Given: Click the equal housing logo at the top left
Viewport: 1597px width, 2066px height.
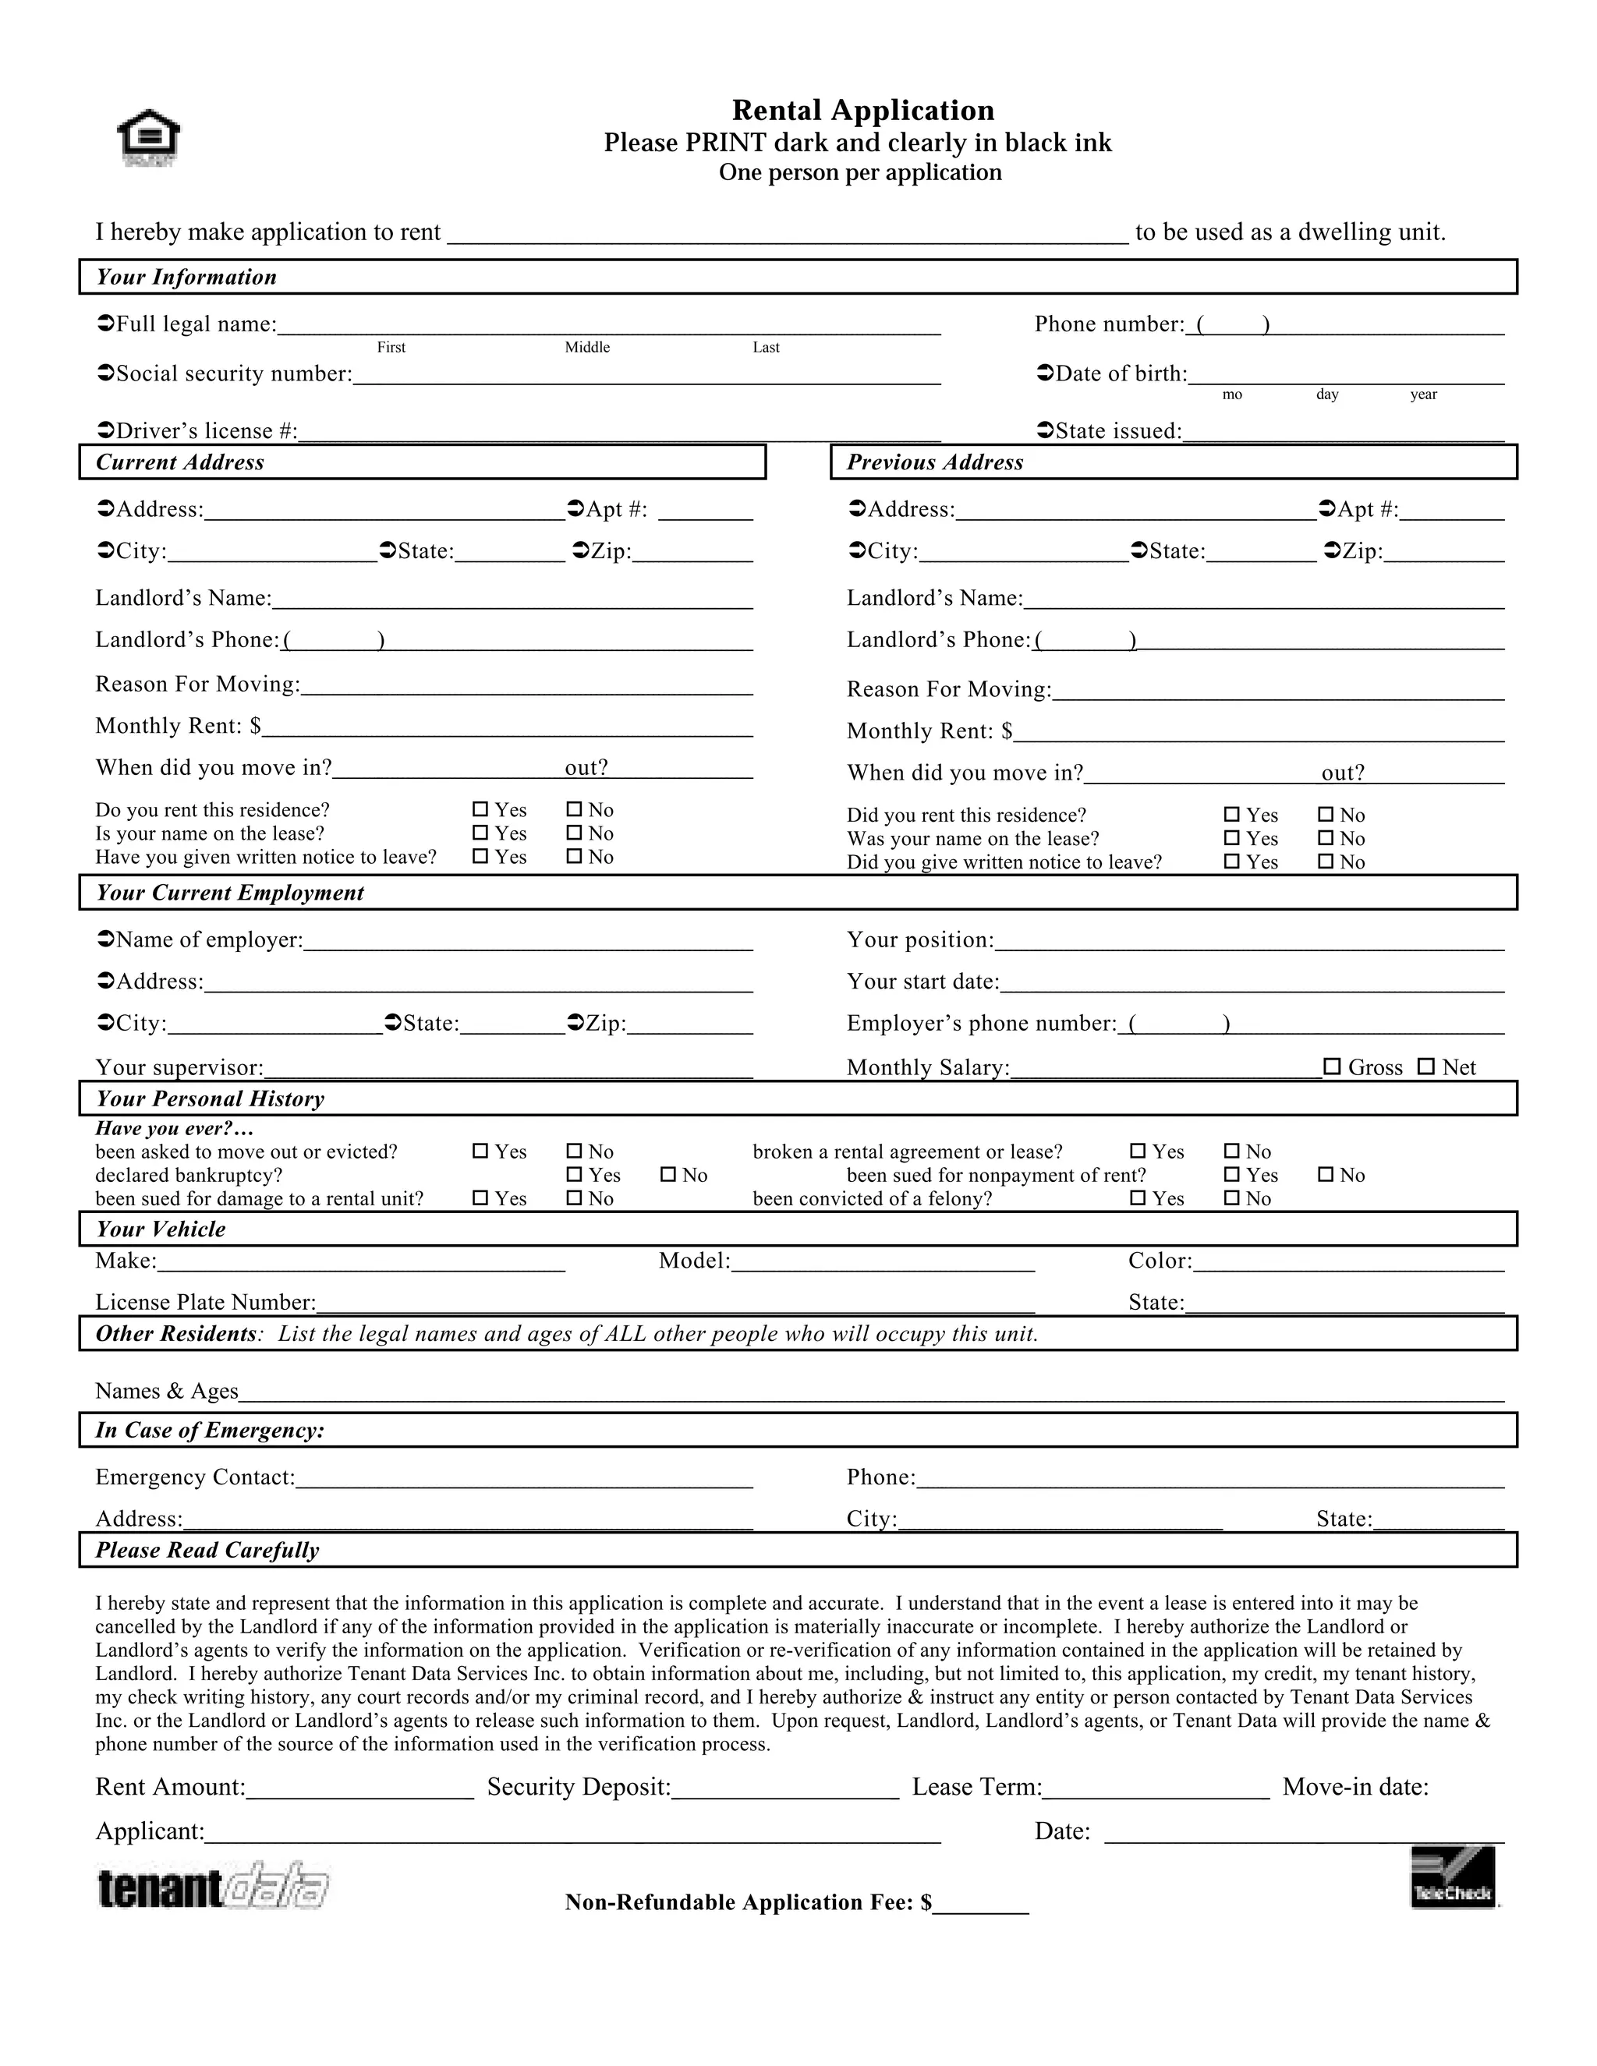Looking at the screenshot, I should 148,138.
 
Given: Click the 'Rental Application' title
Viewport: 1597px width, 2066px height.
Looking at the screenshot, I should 863,111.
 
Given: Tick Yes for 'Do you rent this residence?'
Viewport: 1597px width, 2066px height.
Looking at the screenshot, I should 480,810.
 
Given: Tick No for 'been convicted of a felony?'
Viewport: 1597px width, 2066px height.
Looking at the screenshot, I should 1233,1198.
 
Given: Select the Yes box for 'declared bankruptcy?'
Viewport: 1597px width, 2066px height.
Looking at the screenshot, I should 574,1175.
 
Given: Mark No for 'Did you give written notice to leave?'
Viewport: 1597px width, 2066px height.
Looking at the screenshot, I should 1326,861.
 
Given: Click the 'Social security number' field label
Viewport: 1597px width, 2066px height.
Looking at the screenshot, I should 232,373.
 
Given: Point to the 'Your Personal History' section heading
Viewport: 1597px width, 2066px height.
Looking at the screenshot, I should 209,1099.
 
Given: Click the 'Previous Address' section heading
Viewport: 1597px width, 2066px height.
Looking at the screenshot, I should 935,462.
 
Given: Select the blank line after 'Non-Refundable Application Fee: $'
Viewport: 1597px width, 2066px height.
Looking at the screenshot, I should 981,1902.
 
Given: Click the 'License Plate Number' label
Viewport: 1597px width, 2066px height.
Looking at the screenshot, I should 205,1303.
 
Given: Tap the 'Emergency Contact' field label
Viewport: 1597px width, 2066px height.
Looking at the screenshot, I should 195,1477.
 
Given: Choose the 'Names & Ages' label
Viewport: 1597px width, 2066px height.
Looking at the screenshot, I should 167,1392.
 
